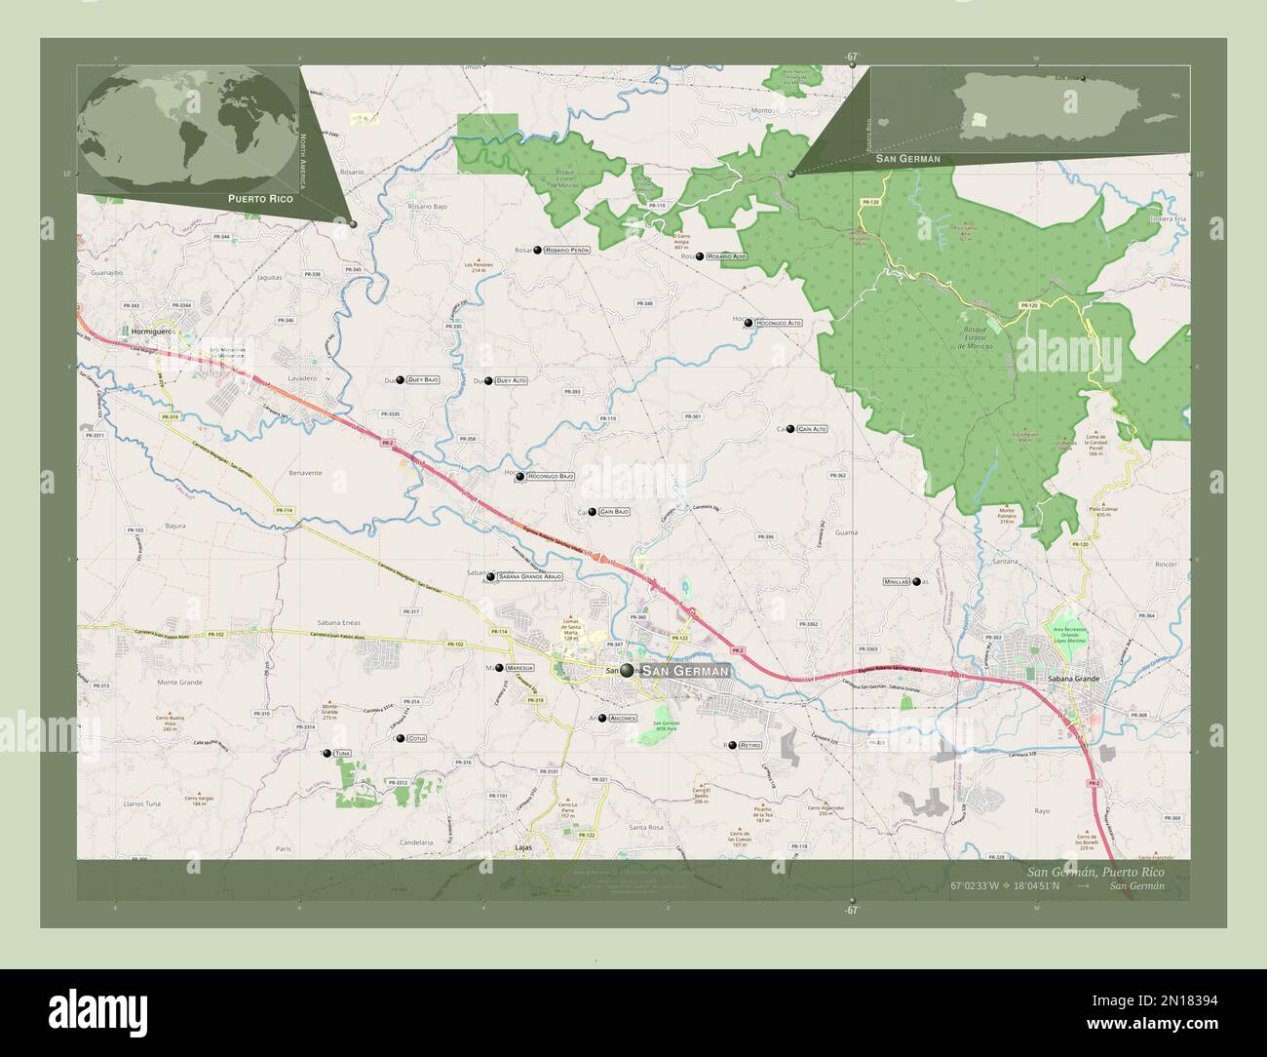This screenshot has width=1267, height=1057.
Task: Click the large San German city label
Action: click(685, 672)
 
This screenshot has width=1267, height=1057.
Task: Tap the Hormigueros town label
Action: click(149, 333)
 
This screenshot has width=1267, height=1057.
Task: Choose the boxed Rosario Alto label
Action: click(727, 256)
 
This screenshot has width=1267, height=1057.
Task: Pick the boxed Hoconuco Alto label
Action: click(779, 322)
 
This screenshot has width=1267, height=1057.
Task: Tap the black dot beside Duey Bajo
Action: click(401, 379)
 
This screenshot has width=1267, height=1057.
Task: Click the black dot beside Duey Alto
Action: click(488, 380)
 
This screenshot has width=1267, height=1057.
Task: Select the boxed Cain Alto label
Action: click(812, 429)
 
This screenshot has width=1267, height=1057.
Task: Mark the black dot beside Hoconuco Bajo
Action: click(520, 477)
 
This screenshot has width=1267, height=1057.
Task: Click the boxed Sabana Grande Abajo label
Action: click(529, 577)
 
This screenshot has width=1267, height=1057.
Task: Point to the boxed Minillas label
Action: click(896, 581)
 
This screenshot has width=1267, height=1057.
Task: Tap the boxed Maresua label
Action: click(519, 668)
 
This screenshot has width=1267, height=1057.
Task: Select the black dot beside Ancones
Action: click(602, 719)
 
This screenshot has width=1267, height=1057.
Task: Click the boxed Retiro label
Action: click(749, 745)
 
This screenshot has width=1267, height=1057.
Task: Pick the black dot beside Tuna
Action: click(326, 754)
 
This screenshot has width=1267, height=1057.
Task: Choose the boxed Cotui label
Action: click(417, 739)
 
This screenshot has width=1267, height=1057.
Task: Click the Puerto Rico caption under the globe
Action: click(260, 198)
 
